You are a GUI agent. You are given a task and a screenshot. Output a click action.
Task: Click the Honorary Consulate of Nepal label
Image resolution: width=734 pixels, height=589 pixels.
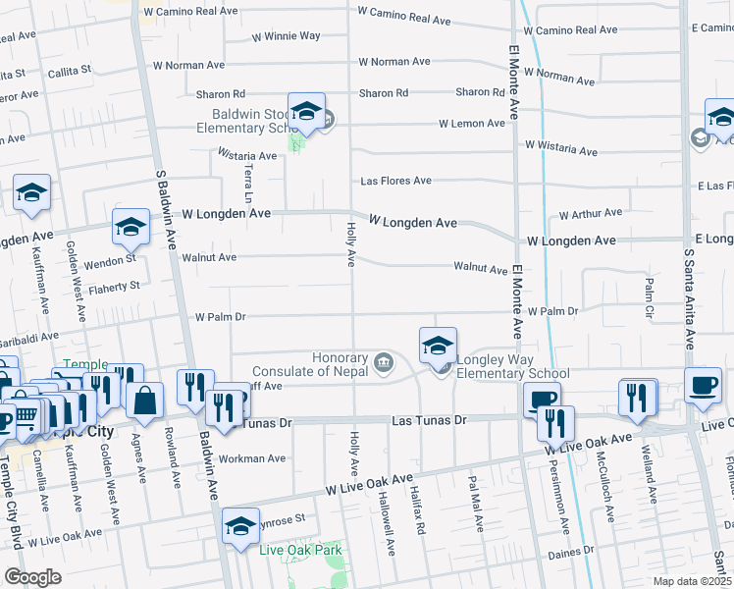point(310,364)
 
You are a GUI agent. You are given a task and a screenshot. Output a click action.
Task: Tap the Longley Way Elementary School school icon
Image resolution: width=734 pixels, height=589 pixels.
point(438,345)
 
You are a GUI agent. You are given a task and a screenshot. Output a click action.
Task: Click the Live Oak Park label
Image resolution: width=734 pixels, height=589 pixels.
point(298,549)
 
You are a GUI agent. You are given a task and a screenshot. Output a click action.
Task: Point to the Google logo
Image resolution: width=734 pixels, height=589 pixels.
point(32,577)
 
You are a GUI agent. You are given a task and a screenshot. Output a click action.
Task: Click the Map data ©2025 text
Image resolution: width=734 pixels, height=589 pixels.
point(693,581)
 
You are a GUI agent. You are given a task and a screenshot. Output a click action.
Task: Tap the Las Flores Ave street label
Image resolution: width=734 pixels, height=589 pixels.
point(395,182)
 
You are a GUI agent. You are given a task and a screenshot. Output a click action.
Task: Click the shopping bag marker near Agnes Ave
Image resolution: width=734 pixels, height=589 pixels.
point(144,401)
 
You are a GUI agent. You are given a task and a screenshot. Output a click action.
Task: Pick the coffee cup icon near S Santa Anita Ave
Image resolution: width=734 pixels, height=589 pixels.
point(702,385)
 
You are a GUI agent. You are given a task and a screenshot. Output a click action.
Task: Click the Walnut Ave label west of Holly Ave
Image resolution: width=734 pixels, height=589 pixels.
point(209,258)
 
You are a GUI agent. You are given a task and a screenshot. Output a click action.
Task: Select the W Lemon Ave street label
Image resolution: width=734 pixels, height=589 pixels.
point(476,124)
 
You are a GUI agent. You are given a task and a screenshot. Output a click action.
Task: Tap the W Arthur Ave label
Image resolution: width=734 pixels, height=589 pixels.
point(591,213)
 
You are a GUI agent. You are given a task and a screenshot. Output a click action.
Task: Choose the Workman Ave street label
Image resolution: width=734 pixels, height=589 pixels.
point(252,458)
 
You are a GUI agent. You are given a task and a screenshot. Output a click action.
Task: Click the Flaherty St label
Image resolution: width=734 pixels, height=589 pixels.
point(115,286)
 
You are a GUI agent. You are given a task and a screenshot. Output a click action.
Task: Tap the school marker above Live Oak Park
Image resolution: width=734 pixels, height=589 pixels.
point(240,525)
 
